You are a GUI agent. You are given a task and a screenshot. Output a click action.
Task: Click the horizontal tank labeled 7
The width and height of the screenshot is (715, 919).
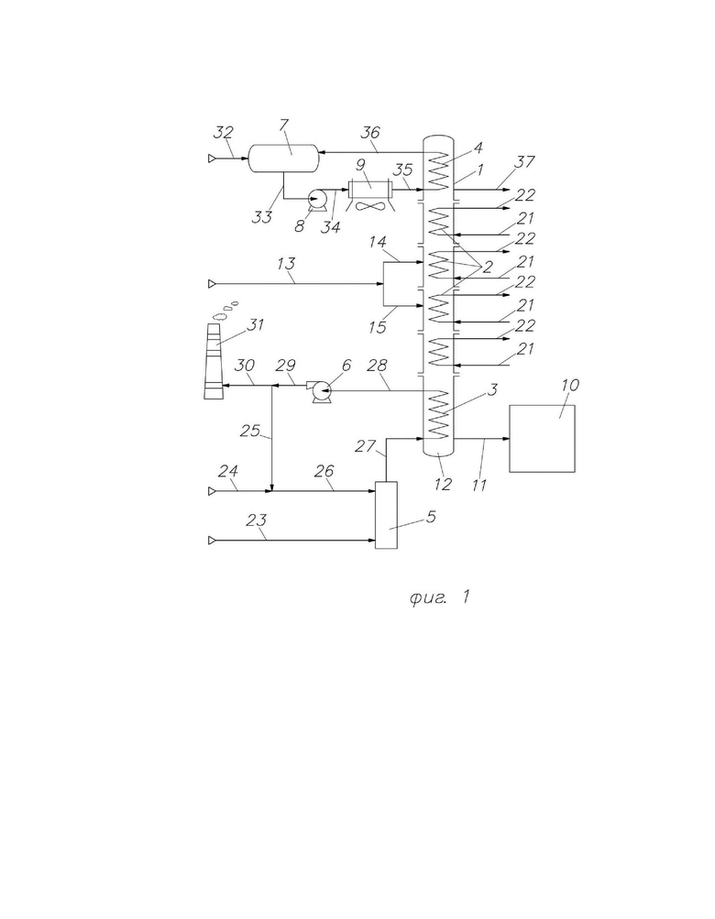[283, 158]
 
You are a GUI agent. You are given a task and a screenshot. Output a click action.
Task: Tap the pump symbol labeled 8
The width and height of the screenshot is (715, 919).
[318, 199]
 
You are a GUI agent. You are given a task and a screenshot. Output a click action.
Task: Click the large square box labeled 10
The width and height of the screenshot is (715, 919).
[542, 438]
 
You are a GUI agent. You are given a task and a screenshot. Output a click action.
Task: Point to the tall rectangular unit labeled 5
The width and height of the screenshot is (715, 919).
[386, 515]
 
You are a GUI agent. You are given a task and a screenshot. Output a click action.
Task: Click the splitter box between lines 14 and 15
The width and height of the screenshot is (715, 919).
[398, 284]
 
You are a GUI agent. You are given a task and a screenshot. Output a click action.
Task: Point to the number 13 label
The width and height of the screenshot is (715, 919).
[286, 264]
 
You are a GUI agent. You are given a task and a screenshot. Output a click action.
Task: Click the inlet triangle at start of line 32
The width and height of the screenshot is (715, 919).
[212, 158]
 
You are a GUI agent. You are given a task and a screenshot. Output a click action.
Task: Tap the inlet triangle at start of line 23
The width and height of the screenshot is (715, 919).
[212, 540]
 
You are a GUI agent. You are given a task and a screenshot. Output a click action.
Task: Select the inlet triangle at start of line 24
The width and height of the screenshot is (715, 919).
[212, 491]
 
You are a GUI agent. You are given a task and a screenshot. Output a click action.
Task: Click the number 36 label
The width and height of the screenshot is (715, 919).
[370, 133]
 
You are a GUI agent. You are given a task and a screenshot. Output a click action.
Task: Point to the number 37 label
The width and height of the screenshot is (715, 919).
[524, 160]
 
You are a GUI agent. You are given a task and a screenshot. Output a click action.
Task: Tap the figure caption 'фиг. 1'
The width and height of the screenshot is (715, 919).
[440, 597]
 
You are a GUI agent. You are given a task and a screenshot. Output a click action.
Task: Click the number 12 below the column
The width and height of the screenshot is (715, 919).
[443, 484]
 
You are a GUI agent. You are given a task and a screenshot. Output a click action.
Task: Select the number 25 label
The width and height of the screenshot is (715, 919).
[250, 431]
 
